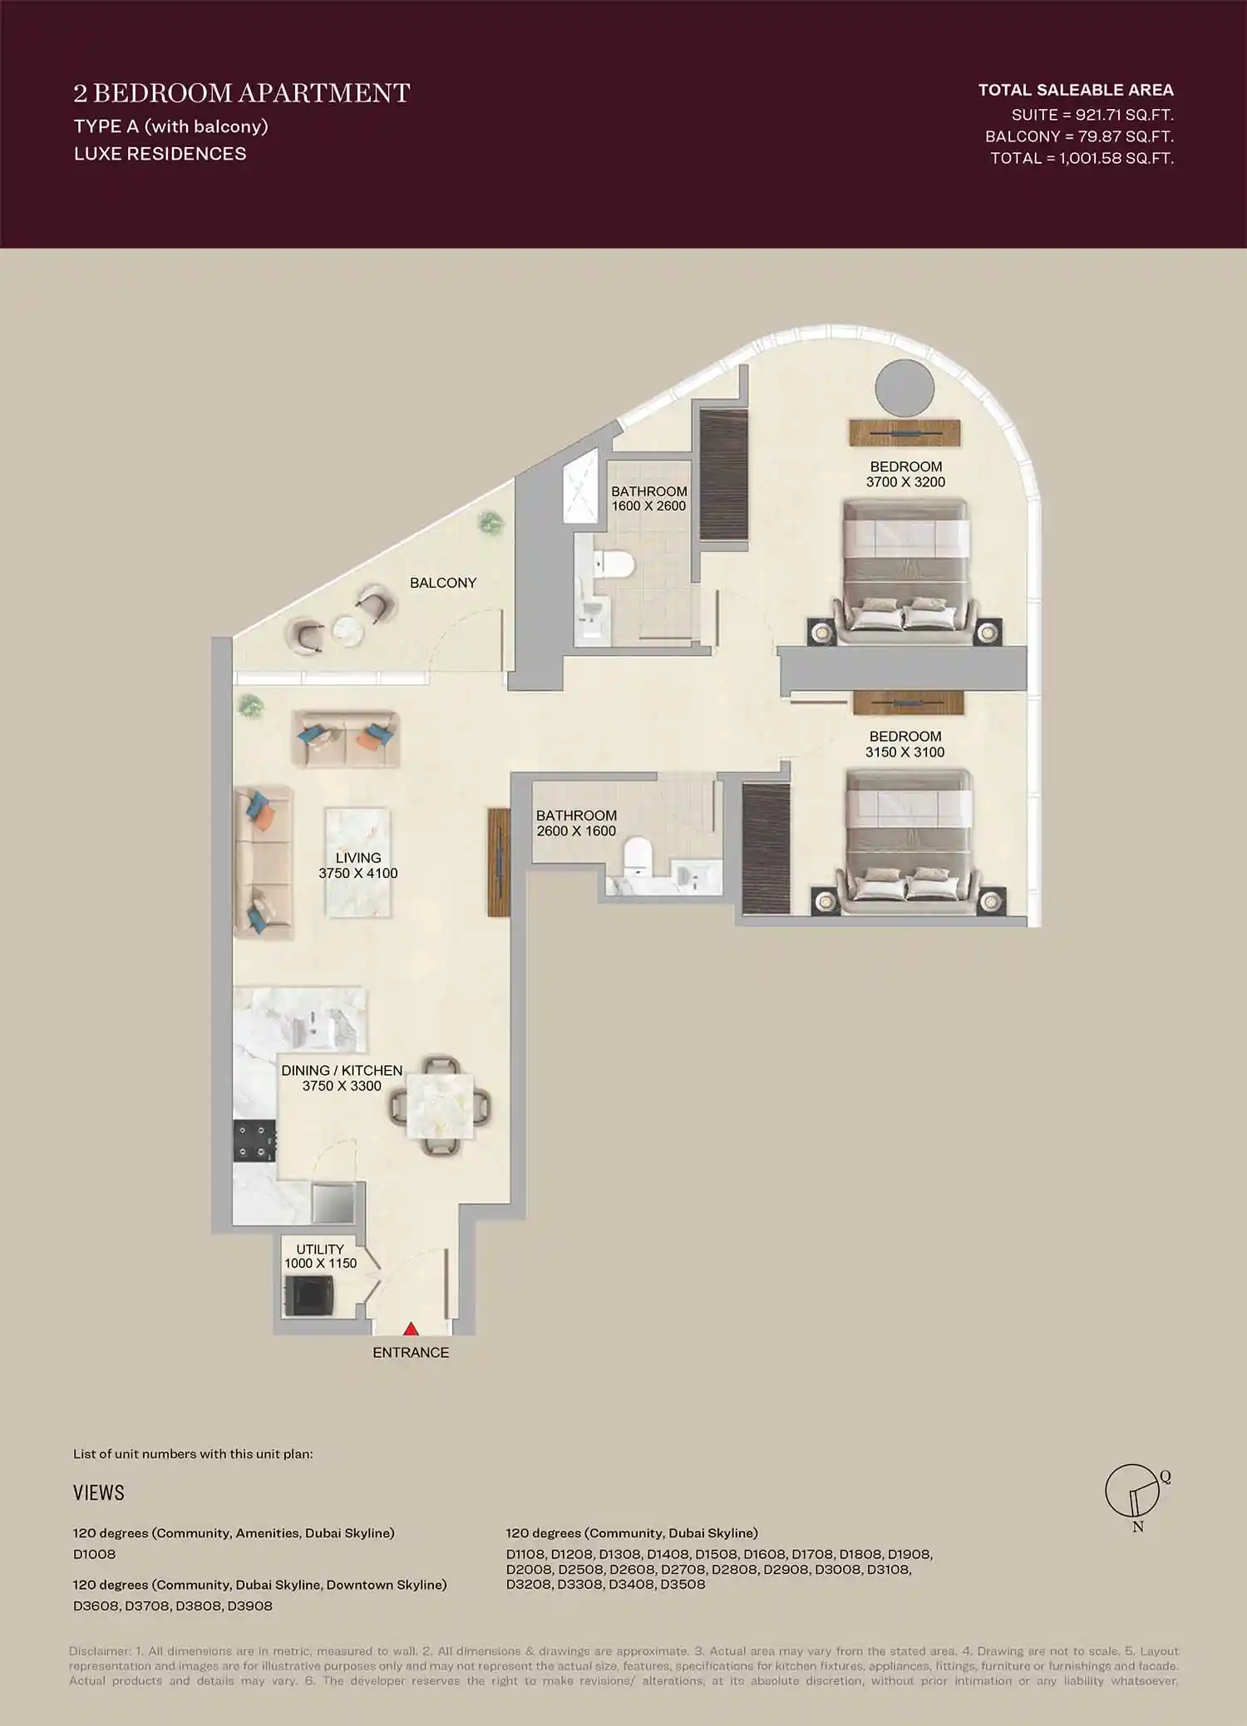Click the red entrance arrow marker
[x=411, y=1329]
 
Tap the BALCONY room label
[x=443, y=583]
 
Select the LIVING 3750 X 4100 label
[x=358, y=865]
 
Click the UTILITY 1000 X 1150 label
[x=320, y=1256]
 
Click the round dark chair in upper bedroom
[x=904, y=388]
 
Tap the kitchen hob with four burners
[x=254, y=1141]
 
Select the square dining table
[x=440, y=1107]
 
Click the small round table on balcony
[x=347, y=631]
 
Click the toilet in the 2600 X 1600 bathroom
[x=638, y=856]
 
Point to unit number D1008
[x=95, y=1555]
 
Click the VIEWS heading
[x=98, y=1493]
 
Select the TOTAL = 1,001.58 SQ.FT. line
[x=1082, y=158]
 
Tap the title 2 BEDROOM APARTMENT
[x=241, y=93]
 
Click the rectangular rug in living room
[x=358, y=862]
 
